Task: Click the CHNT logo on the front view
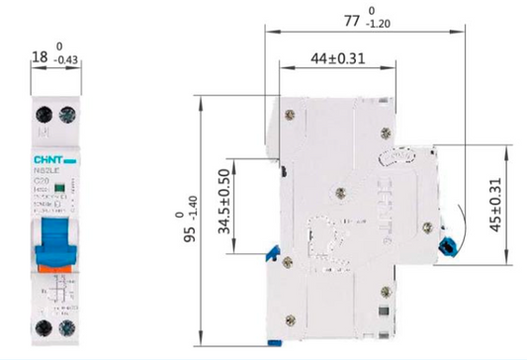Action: [x=49, y=156]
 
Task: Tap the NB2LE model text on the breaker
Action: [x=45, y=170]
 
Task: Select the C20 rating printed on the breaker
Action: [x=43, y=180]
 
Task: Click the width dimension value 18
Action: [x=40, y=60]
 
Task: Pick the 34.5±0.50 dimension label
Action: [x=224, y=205]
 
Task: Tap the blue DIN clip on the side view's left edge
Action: [x=267, y=257]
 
